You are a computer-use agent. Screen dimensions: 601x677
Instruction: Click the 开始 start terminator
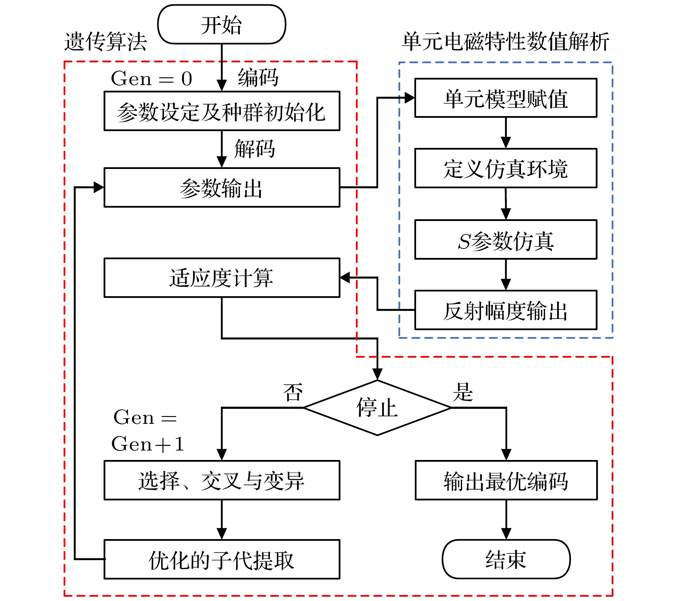point(221,25)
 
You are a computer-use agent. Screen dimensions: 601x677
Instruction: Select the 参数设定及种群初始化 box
point(222,111)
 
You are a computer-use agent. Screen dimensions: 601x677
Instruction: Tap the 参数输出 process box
point(222,187)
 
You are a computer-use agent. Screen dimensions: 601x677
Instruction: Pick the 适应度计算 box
point(222,278)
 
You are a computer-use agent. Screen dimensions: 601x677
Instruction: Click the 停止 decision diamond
point(377,408)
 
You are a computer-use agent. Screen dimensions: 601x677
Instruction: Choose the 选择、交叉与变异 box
point(222,480)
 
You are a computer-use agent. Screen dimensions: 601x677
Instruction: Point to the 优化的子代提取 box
point(222,559)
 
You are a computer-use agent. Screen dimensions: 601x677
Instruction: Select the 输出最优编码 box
point(506,480)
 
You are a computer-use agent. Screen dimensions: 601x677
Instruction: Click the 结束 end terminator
point(506,559)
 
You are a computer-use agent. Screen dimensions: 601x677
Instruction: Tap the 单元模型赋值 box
point(505,98)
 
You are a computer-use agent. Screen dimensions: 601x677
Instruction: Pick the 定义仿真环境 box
point(505,168)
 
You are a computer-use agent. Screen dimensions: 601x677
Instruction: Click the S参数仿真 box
point(505,239)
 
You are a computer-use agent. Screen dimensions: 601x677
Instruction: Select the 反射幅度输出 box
point(505,310)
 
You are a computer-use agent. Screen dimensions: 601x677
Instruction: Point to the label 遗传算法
point(105,42)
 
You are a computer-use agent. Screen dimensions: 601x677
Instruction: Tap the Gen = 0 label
point(151,79)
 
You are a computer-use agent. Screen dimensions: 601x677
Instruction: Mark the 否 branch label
point(293,392)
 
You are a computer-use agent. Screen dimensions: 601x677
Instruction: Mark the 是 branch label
point(463,392)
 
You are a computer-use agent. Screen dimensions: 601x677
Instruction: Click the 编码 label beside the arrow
point(258,78)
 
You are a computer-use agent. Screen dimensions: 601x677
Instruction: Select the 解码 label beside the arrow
point(254,149)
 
